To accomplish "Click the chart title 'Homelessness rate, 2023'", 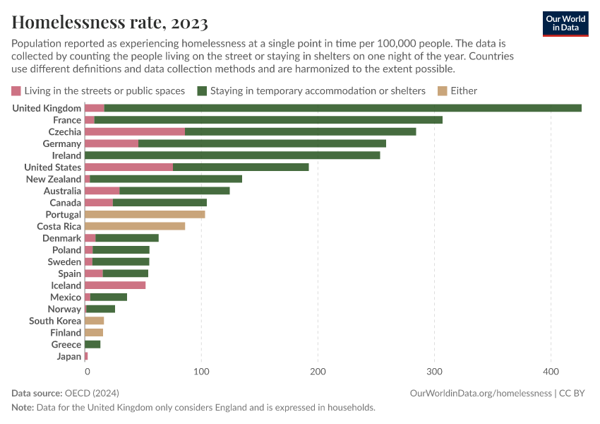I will pyautogui.click(x=109, y=22).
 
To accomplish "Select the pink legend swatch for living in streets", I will pyautogui.click(x=16, y=90).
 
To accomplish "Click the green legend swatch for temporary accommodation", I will pyautogui.click(x=202, y=90).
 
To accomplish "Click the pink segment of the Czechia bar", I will pyautogui.click(x=135, y=131).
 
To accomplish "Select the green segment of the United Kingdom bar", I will pyautogui.click(x=342, y=108).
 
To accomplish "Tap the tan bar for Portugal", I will pyautogui.click(x=145, y=214).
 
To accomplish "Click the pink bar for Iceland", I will pyautogui.click(x=115, y=285).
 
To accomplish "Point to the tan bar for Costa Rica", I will pyautogui.click(x=135, y=226).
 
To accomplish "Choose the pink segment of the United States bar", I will pyautogui.click(x=128, y=167).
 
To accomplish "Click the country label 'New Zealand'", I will pyautogui.click(x=54, y=179).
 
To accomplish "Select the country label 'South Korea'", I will pyautogui.click(x=55, y=321).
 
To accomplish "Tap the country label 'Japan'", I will pyautogui.click(x=69, y=356).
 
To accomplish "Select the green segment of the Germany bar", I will pyautogui.click(x=262, y=143).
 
